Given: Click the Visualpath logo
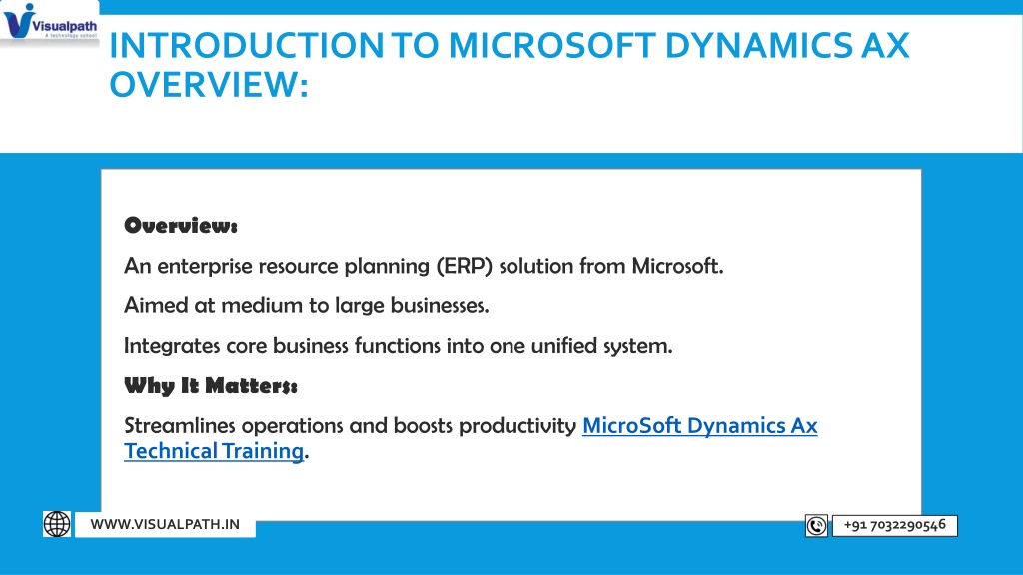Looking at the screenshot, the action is (50, 22).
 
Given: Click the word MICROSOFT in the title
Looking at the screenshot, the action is (551, 45).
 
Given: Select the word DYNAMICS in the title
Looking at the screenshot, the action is (758, 45).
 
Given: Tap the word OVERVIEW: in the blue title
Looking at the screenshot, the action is (209, 85).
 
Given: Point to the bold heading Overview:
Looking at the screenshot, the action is (181, 226).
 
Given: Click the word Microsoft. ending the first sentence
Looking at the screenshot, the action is (678, 266).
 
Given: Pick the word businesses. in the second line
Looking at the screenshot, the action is (440, 305).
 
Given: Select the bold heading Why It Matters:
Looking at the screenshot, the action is (211, 386).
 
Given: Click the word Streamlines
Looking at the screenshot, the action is (180, 425).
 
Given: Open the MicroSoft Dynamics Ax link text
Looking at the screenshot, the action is (699, 426).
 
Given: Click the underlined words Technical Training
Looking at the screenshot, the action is (214, 451).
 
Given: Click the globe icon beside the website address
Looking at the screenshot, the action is (57, 524).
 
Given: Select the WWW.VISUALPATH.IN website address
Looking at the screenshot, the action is (165, 524).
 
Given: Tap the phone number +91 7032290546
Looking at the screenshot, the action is (894, 525).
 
